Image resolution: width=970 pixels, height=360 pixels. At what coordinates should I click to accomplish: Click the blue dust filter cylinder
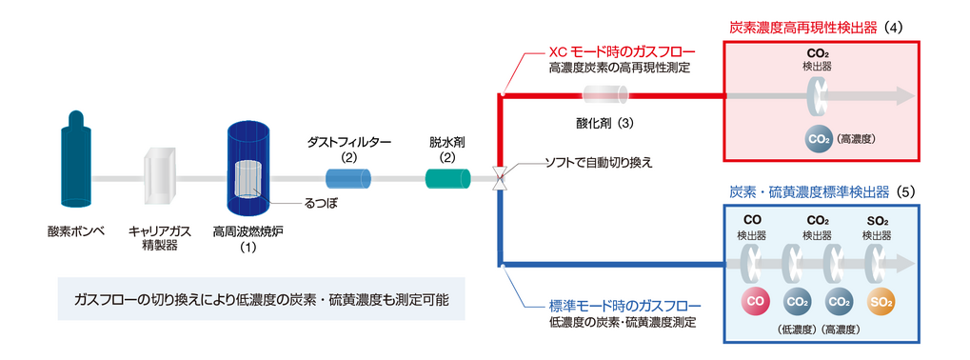point(348,178)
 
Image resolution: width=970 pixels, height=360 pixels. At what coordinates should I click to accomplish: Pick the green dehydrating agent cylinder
point(448,178)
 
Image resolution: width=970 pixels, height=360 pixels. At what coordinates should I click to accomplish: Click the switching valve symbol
point(501,178)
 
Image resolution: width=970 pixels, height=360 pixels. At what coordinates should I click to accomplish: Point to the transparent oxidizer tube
point(606,95)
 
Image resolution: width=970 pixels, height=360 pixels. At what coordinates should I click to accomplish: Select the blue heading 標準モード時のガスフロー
point(624,306)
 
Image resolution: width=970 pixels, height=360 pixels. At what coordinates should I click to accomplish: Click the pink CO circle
point(755,302)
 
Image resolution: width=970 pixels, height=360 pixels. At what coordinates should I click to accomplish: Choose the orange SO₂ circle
point(879,302)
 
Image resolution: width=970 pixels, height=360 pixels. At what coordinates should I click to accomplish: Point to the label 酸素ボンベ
point(76,230)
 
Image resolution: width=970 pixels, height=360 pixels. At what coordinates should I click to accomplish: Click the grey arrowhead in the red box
point(905,96)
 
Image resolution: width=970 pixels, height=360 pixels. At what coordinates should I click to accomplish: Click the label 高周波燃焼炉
point(247,231)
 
